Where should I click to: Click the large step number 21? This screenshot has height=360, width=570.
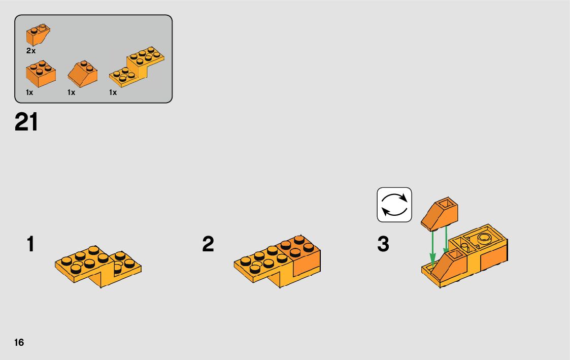coord(26,122)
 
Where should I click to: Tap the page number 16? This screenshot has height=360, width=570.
coord(19,342)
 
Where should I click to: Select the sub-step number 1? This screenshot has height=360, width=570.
coord(30,244)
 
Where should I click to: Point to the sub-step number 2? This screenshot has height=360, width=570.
coord(208,244)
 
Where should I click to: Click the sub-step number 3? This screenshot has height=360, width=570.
coord(383,244)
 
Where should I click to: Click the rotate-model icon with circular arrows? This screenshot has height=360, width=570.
coord(394,205)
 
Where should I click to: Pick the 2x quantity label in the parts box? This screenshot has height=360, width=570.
coord(31,51)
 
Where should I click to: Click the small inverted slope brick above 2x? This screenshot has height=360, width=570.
coord(38,34)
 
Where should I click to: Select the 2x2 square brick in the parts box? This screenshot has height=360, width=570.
coord(41,74)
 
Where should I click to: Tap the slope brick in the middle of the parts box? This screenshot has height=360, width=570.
coord(83,74)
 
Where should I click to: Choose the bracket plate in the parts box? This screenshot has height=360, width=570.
coord(137,66)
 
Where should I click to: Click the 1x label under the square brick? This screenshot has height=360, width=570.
coord(29,93)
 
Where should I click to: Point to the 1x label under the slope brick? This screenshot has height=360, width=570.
coord(71,93)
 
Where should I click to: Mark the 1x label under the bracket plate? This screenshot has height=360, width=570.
coord(113,93)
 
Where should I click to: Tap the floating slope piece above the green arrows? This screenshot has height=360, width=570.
coord(440,214)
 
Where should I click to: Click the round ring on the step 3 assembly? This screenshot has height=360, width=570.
coord(484,239)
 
